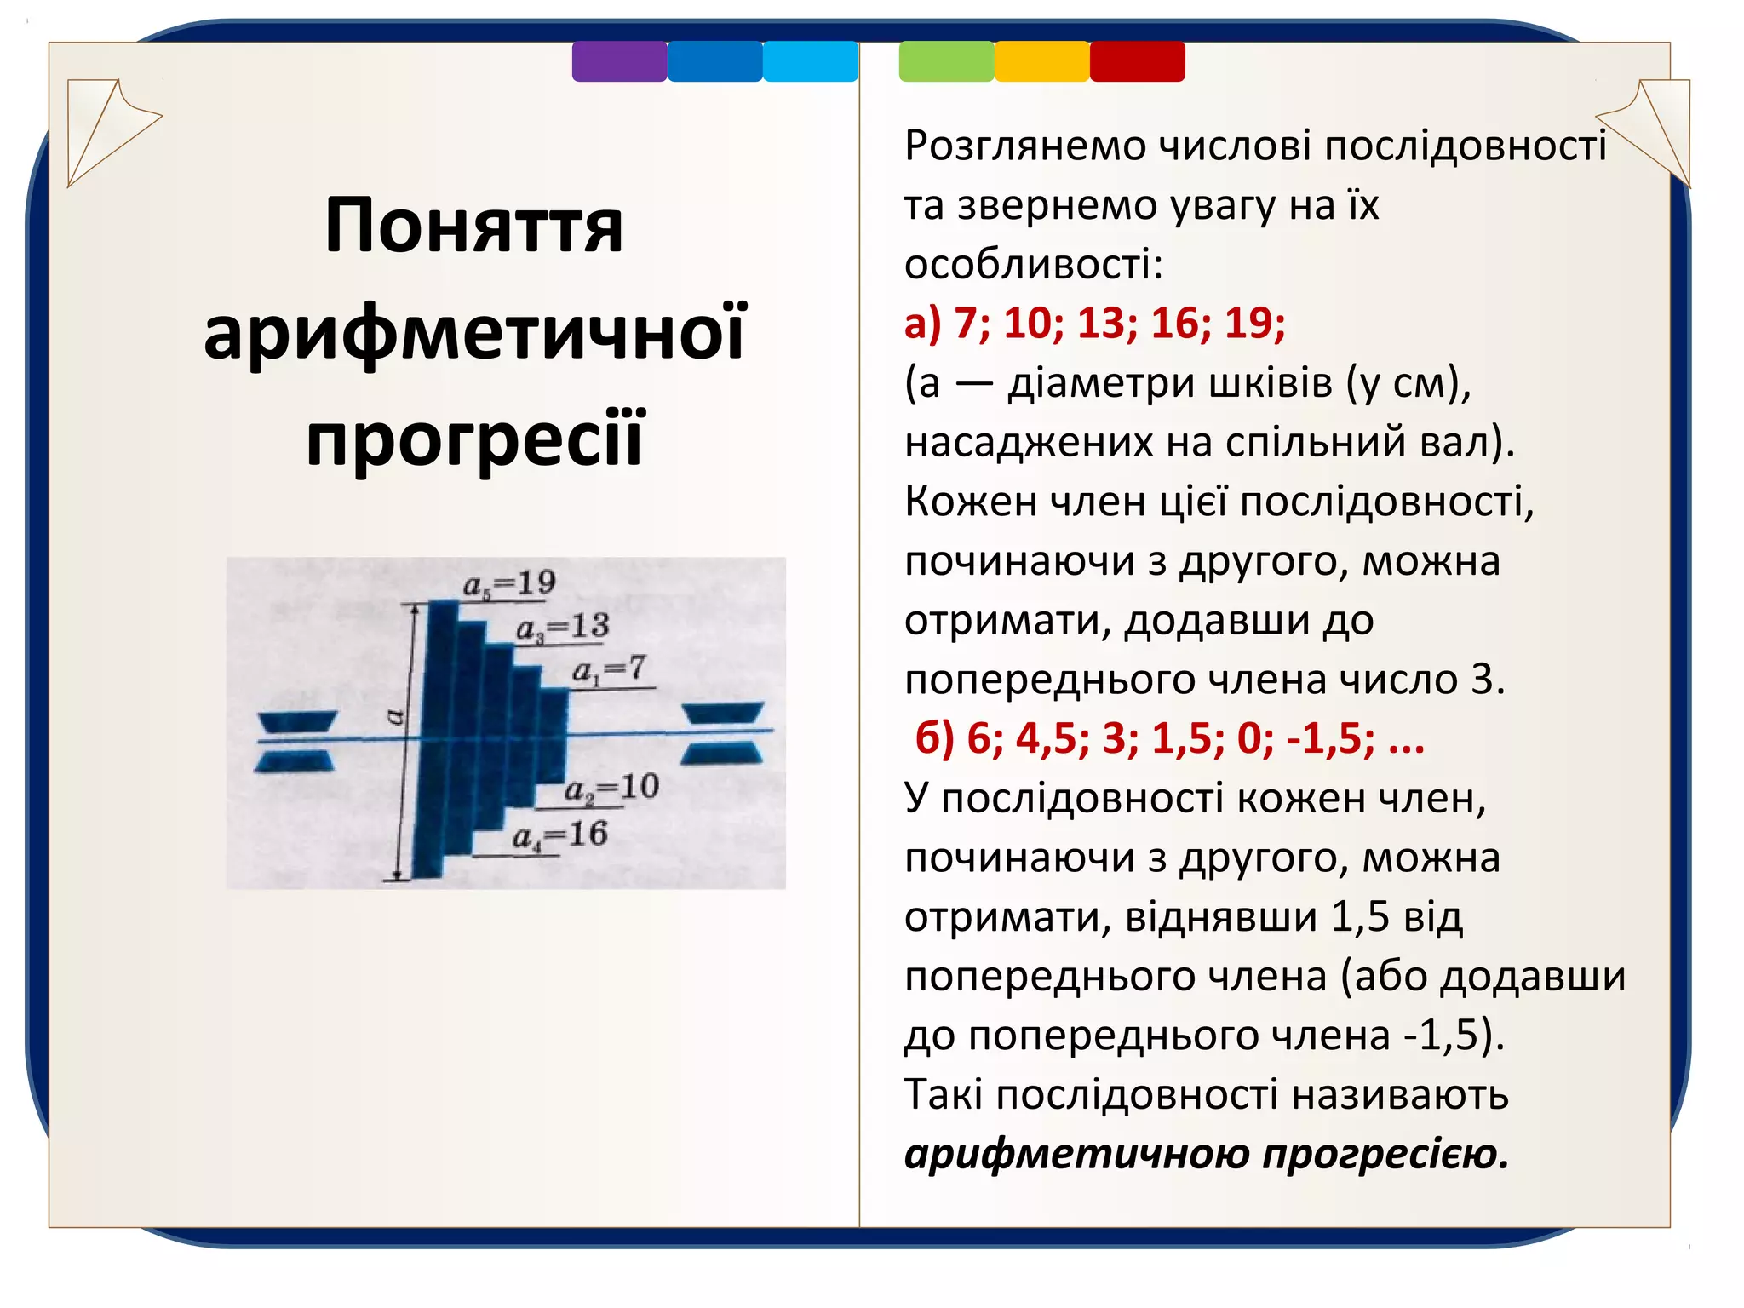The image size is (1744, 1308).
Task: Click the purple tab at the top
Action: [619, 61]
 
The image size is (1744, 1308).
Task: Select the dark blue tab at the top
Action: [714, 61]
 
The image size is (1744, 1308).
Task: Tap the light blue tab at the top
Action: [810, 61]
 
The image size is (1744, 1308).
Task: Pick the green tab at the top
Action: [946, 61]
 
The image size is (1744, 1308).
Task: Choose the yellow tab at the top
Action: [1041, 61]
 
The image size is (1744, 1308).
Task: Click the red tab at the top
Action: [1137, 61]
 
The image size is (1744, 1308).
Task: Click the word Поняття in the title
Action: [473, 227]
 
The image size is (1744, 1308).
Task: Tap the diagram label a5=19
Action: [509, 584]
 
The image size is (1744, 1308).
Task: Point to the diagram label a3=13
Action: [562, 628]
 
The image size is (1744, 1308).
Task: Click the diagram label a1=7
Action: [609, 670]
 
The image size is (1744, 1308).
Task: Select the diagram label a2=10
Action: [611, 788]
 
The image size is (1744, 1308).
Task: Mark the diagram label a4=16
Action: [559, 835]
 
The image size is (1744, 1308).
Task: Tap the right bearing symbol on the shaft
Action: [723, 732]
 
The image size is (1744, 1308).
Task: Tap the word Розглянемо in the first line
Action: [1025, 146]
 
